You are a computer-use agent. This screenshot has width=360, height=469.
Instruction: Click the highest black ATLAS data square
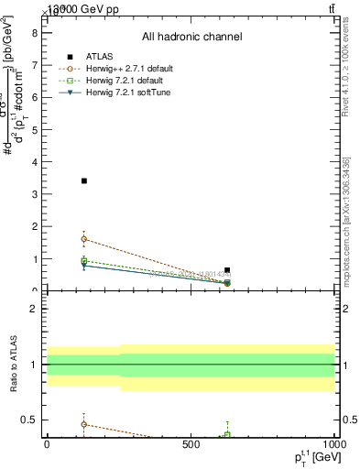click(x=84, y=180)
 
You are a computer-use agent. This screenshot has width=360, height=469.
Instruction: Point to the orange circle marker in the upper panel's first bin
click(x=84, y=239)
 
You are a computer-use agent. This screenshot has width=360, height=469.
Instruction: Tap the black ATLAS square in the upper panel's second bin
click(x=227, y=270)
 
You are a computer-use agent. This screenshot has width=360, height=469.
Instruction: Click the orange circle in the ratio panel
click(x=84, y=424)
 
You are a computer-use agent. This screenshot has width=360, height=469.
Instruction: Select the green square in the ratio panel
click(x=227, y=434)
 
